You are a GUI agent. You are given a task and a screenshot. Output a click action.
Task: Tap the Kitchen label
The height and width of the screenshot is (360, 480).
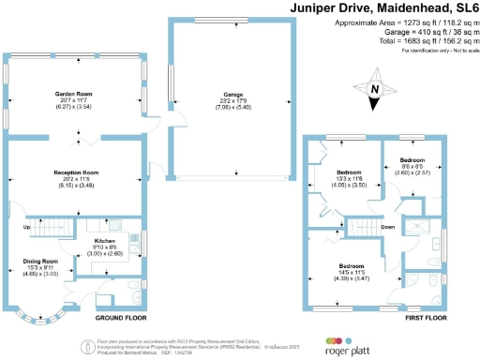[x=104, y=242]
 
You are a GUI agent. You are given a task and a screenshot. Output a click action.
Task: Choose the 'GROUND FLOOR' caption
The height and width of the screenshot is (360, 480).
[x=120, y=319]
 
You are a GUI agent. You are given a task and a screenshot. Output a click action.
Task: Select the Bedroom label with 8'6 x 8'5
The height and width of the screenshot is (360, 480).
[x=412, y=160]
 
